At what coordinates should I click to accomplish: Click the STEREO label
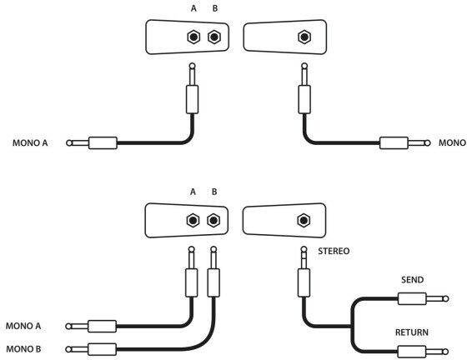(x=334, y=252)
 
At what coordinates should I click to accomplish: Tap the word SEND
(x=412, y=280)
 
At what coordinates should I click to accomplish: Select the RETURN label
(x=412, y=332)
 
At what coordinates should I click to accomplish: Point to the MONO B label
(x=23, y=348)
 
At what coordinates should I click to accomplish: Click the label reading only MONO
(x=452, y=142)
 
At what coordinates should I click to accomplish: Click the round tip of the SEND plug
(x=446, y=298)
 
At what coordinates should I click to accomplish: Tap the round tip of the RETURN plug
(x=445, y=352)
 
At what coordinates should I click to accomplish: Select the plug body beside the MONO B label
(x=102, y=349)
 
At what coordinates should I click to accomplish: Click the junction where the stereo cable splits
(x=351, y=327)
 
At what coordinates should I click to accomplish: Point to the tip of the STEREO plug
(x=304, y=249)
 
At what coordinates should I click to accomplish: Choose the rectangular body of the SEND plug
(x=412, y=298)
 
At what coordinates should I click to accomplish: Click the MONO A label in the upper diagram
(x=30, y=143)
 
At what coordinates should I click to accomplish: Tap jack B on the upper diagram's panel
(x=214, y=37)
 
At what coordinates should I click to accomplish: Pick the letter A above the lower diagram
(x=193, y=192)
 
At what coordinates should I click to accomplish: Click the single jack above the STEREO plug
(x=304, y=221)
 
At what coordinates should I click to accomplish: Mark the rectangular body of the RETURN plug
(x=412, y=352)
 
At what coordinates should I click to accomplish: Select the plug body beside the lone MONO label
(x=394, y=143)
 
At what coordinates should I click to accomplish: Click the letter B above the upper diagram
(x=215, y=8)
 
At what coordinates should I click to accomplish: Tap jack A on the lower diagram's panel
(x=193, y=221)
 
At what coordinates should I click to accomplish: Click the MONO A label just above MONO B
(x=23, y=326)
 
